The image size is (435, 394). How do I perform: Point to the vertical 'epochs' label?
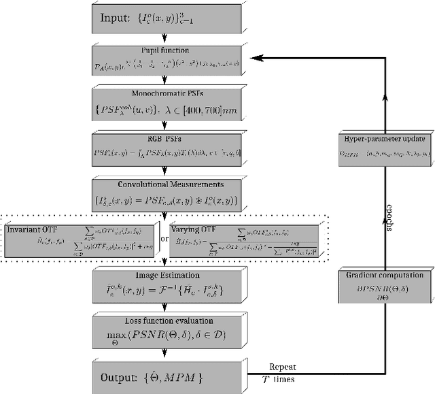390,216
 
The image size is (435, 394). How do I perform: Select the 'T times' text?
280,379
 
